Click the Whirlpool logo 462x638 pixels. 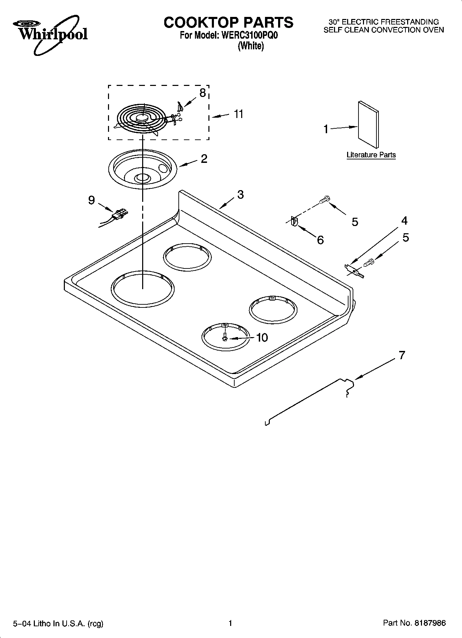(50, 35)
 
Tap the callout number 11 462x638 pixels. (238, 114)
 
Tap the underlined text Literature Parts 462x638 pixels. (371, 155)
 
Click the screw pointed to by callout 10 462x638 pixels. (225, 337)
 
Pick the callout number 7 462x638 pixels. (402, 355)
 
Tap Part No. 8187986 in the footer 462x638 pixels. (414, 623)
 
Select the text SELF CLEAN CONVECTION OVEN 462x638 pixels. (383, 30)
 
